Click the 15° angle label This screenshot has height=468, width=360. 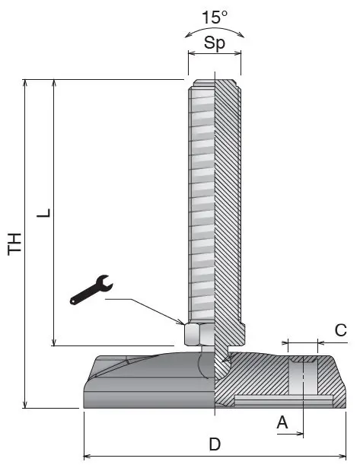pyautogui.click(x=215, y=17)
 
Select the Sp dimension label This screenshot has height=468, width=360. pyautogui.click(x=215, y=43)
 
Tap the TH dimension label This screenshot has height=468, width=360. pyautogui.click(x=14, y=244)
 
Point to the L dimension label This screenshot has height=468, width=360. pyautogui.click(x=43, y=213)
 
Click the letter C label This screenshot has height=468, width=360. pyautogui.click(x=341, y=330)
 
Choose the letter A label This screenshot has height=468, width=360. pyautogui.click(x=282, y=422)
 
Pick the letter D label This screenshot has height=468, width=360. pyautogui.click(x=215, y=444)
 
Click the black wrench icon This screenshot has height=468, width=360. pyautogui.click(x=91, y=289)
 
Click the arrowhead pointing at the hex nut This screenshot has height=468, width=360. pyautogui.click(x=180, y=322)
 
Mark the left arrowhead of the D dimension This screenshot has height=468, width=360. pyautogui.click(x=88, y=457)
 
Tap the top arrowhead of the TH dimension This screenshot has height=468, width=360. pyautogui.click(x=25, y=83)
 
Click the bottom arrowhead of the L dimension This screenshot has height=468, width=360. pyautogui.click(x=54, y=342)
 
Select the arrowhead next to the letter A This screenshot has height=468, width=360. pyautogui.click(x=299, y=434)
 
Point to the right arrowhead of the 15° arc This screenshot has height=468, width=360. pyautogui.click(x=241, y=35)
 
